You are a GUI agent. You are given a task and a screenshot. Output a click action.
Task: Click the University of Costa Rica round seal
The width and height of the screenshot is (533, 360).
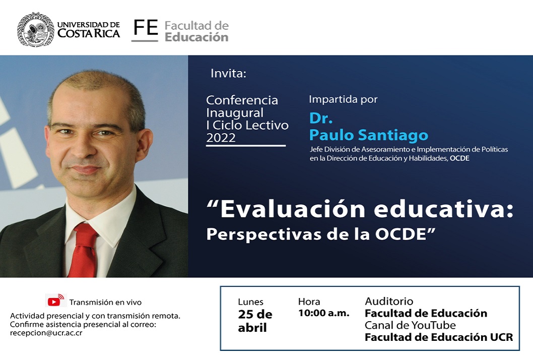point(35,29)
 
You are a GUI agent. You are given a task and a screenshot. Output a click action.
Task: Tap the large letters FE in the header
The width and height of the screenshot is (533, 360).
point(146,28)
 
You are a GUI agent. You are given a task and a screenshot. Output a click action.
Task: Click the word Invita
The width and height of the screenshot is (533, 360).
point(228,73)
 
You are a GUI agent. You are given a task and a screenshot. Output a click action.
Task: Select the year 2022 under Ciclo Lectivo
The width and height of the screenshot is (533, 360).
point(221,138)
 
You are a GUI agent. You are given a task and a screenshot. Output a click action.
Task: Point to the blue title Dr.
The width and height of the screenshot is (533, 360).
point(321,118)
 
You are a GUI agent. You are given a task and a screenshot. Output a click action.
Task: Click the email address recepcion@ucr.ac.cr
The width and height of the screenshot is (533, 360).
point(46,333)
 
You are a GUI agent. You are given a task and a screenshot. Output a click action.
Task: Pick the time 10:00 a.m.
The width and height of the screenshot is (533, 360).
point(323,313)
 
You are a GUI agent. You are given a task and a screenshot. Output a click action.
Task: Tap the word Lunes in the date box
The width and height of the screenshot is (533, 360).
point(250,302)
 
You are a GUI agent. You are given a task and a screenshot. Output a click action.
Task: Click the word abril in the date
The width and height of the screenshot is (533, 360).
point(252,328)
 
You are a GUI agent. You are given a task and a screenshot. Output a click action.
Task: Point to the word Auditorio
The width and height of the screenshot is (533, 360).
point(389,301)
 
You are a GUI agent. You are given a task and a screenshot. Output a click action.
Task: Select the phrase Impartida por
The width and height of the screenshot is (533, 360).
point(343,99)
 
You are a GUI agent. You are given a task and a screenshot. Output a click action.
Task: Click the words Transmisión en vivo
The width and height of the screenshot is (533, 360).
point(105,302)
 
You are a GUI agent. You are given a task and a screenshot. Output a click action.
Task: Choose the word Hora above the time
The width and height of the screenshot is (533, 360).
point(309,302)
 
